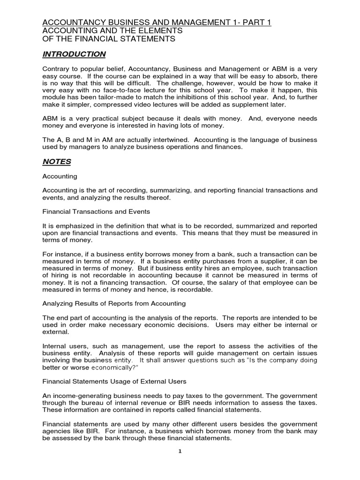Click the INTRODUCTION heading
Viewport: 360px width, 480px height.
pyautogui.click(x=74, y=54)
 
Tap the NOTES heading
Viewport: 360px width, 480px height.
pyautogui.click(x=57, y=162)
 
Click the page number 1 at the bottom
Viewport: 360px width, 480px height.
pyautogui.click(x=180, y=451)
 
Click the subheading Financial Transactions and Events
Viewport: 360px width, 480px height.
pyautogui.click(x=96, y=212)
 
